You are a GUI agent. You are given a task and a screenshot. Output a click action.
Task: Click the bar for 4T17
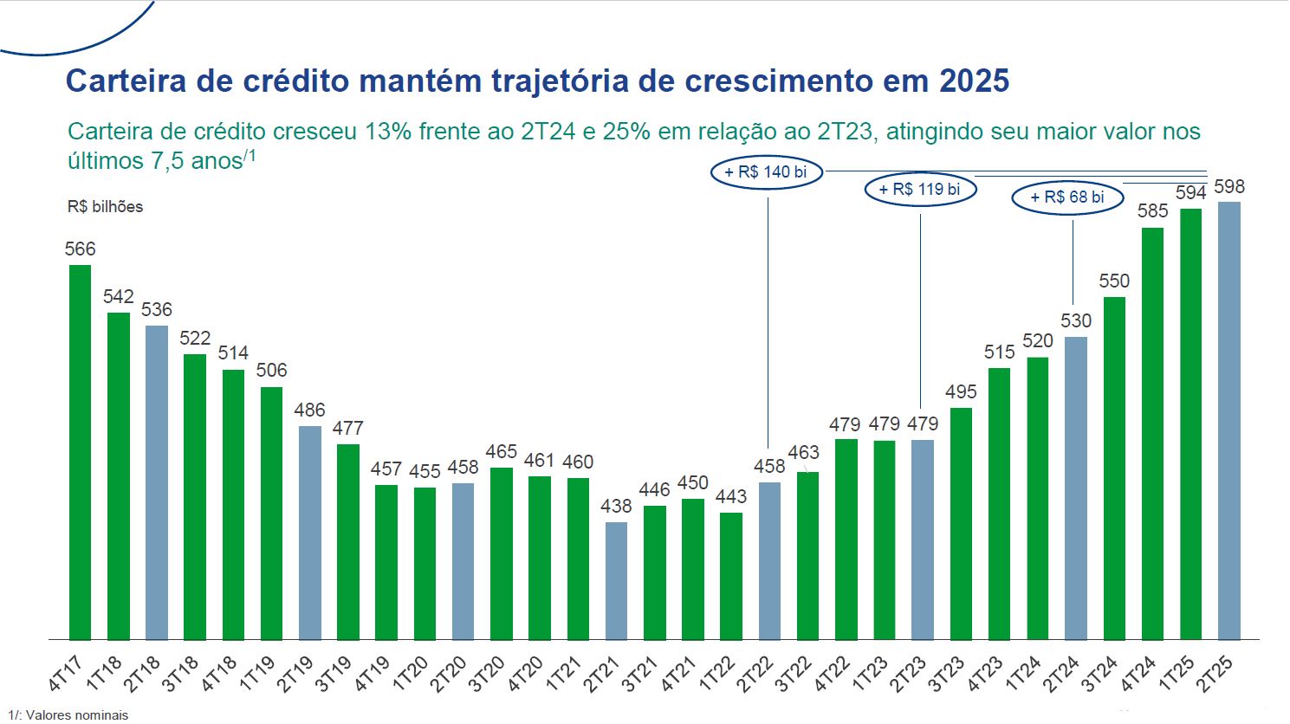[80, 451]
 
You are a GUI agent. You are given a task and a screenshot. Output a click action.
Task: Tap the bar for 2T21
[616, 580]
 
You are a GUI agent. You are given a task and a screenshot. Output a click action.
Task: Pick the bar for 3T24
[1114, 468]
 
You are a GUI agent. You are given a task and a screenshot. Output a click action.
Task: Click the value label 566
[81, 249]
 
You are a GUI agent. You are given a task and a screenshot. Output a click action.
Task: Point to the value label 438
[616, 506]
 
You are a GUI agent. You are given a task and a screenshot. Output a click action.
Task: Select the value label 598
[1229, 186]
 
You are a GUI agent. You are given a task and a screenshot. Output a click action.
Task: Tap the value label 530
[1076, 320]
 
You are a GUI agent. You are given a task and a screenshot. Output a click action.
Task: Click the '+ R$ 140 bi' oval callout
[766, 172]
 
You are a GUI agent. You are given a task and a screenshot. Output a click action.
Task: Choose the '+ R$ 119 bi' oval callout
[920, 190]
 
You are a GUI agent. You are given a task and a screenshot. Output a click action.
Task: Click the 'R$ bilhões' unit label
[105, 207]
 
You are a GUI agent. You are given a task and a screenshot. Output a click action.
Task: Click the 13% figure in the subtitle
[388, 132]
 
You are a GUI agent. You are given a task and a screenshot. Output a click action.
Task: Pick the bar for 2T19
[310, 533]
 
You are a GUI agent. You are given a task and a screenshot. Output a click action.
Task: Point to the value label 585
[1152, 211]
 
